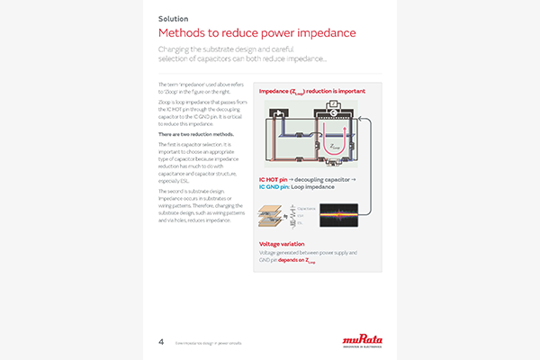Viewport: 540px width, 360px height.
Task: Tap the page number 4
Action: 160,341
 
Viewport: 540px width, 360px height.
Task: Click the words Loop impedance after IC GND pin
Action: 320,188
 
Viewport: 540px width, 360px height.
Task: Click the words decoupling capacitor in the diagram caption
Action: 331,180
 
